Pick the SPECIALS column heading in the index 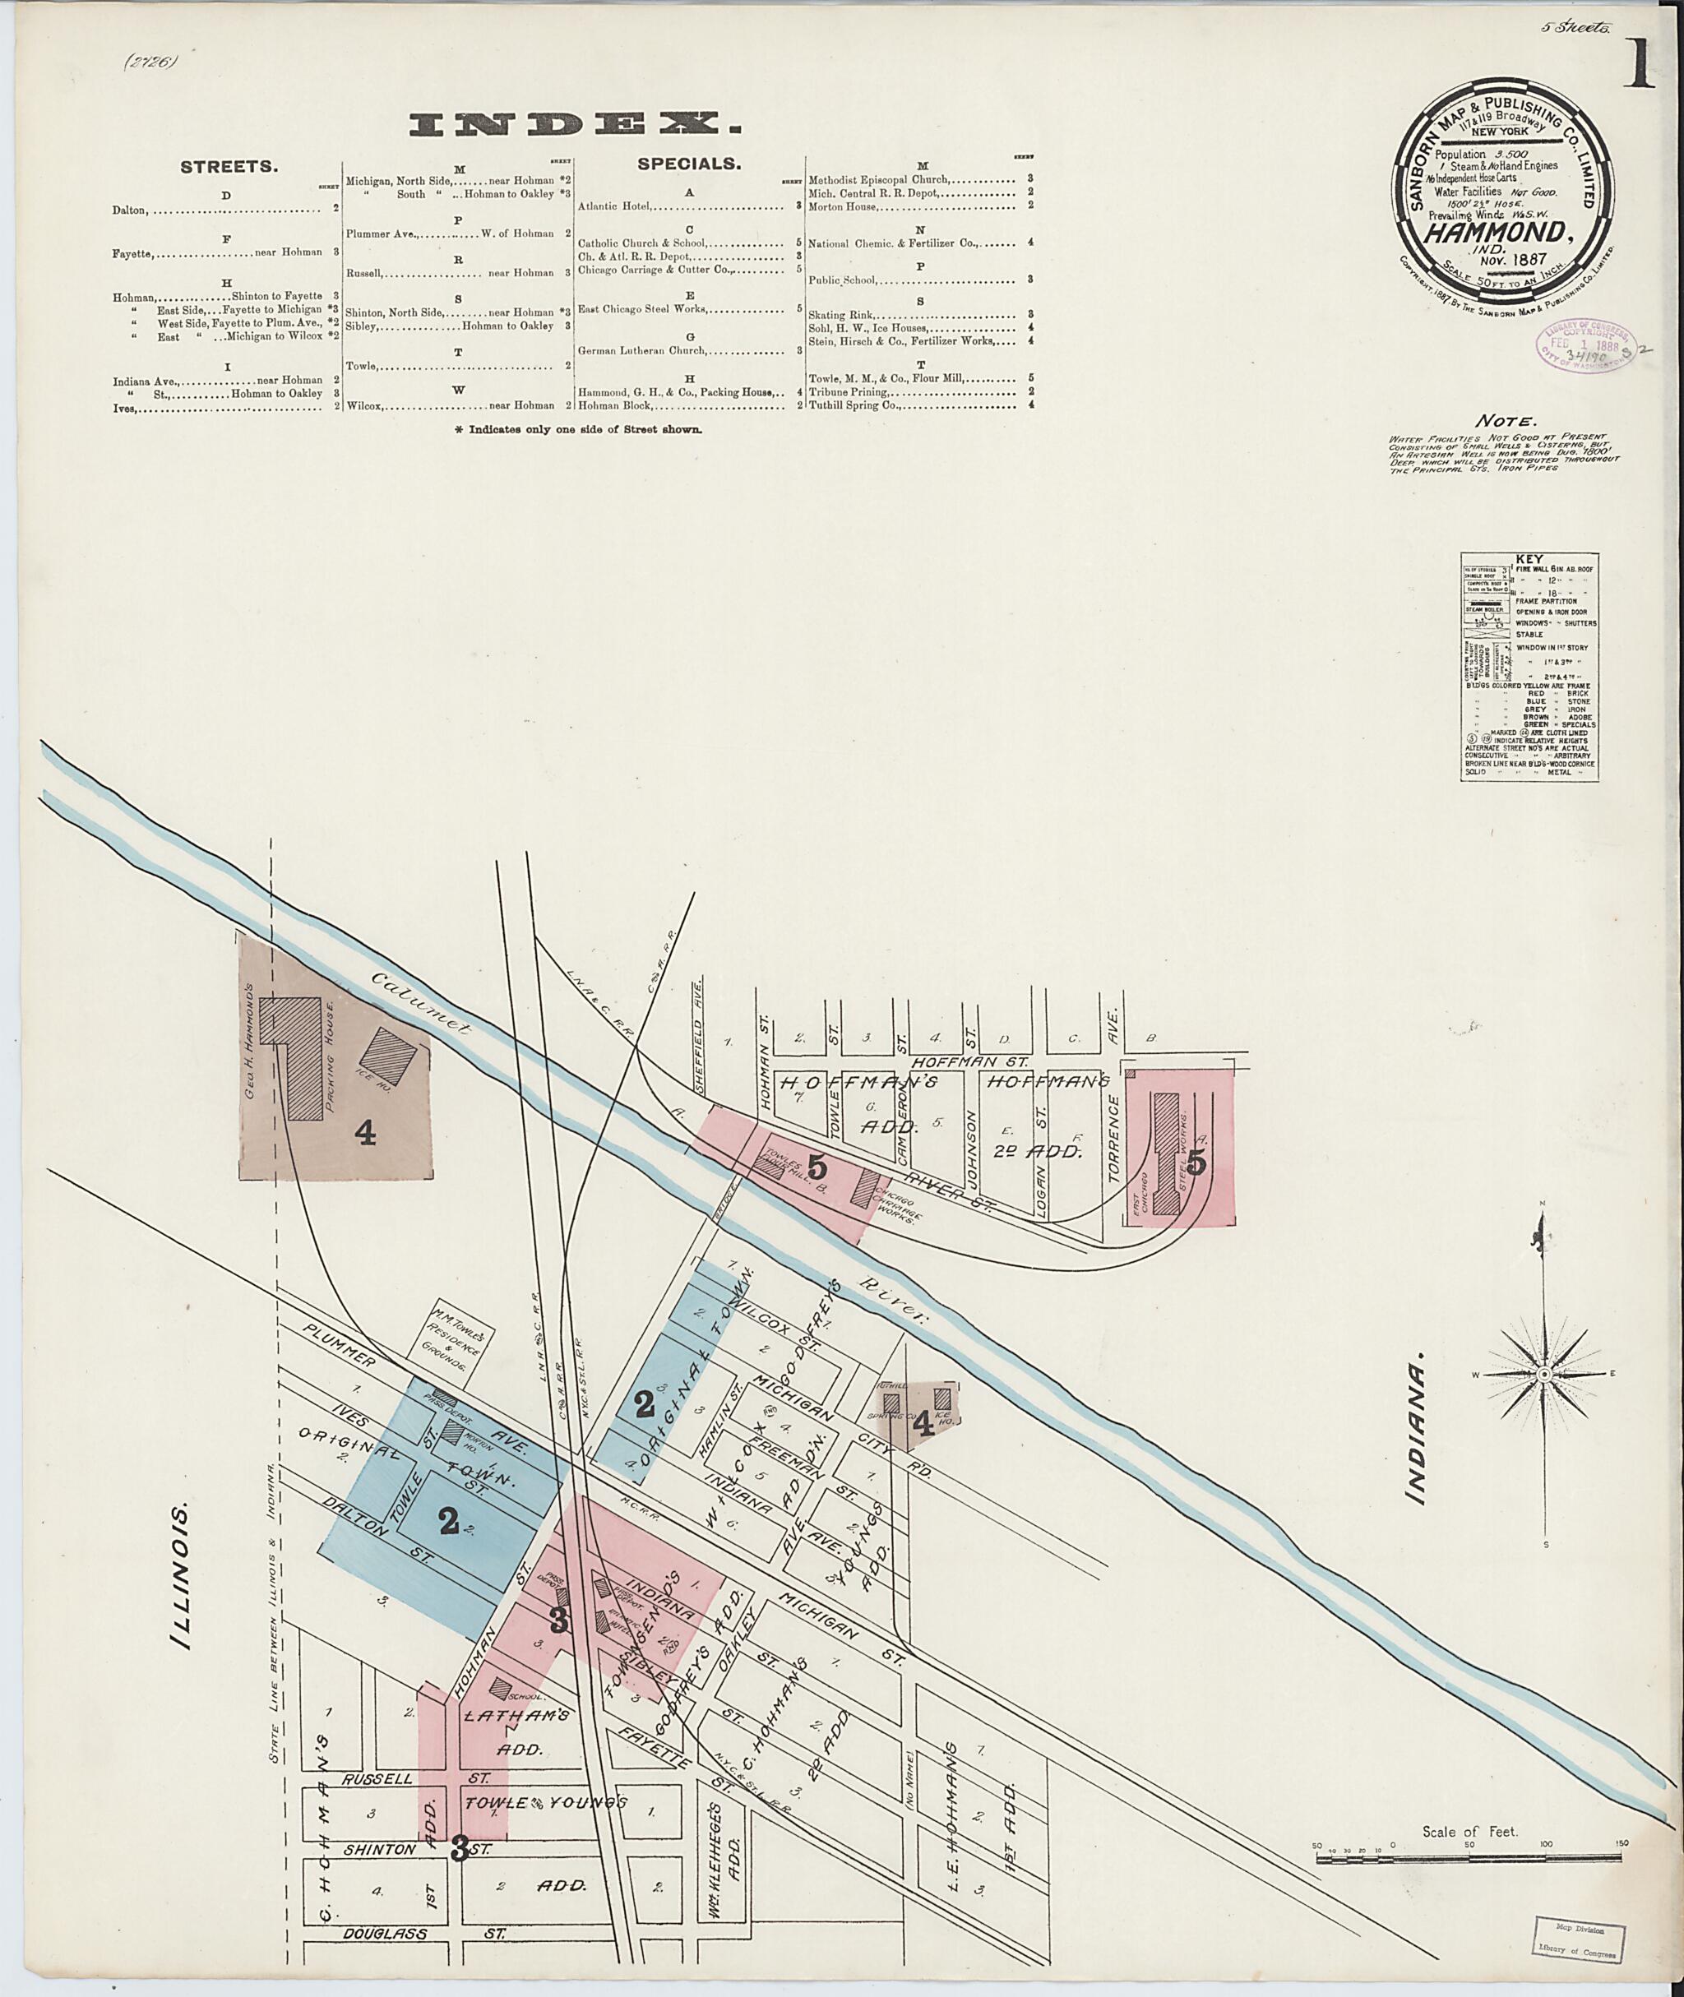[688, 164]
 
